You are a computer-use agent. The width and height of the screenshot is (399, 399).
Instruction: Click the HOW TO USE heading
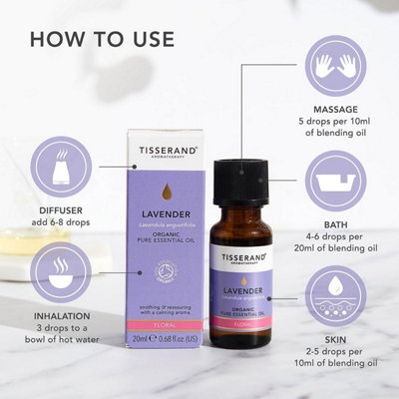click(x=102, y=40)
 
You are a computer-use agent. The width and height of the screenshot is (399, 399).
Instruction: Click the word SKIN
click(x=332, y=340)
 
